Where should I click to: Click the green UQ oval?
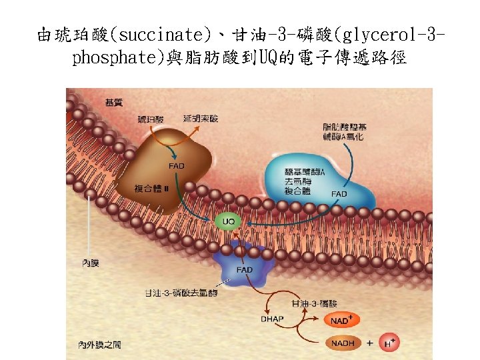click(x=228, y=221)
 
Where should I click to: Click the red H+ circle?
click(x=391, y=343)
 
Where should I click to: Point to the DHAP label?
click(x=271, y=319)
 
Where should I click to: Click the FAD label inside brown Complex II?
click(x=177, y=165)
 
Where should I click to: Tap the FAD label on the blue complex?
click(x=339, y=194)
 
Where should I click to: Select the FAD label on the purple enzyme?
click(x=245, y=270)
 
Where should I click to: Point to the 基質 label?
click(x=113, y=102)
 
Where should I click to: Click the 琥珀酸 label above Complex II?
click(x=150, y=119)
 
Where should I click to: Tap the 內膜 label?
click(x=91, y=264)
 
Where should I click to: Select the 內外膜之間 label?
click(x=99, y=345)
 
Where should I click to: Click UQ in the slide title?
click(x=278, y=58)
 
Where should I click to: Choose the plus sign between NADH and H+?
click(x=369, y=343)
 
